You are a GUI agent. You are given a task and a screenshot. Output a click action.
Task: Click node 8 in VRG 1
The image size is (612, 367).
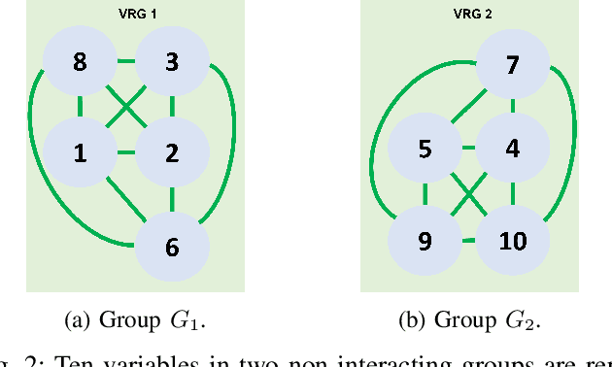[80, 63]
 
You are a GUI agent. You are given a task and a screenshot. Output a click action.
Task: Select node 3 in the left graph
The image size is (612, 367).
[172, 63]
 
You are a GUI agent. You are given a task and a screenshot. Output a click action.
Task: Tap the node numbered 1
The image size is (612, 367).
[80, 152]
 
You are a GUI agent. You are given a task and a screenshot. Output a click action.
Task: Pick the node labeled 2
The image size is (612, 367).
[172, 152]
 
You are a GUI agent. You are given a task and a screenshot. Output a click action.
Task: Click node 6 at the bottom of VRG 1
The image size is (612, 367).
[172, 246]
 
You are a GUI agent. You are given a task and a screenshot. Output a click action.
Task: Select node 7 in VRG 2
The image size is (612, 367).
[512, 66]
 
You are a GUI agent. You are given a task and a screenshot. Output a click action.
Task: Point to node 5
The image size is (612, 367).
[424, 150]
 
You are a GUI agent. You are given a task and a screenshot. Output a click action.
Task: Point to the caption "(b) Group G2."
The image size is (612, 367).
[470, 319]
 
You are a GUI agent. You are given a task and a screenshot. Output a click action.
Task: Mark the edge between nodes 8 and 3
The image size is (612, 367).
[126, 63]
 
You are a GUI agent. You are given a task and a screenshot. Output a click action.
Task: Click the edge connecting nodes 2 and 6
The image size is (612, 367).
[172, 199]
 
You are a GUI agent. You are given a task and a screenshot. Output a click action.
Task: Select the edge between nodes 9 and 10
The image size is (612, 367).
[467, 239]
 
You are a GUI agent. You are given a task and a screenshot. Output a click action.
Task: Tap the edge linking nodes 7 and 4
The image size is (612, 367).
[512, 108]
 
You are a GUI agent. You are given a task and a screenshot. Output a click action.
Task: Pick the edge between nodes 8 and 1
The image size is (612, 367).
[80, 108]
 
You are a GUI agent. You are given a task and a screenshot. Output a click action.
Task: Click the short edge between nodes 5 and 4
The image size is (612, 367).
[467, 150]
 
